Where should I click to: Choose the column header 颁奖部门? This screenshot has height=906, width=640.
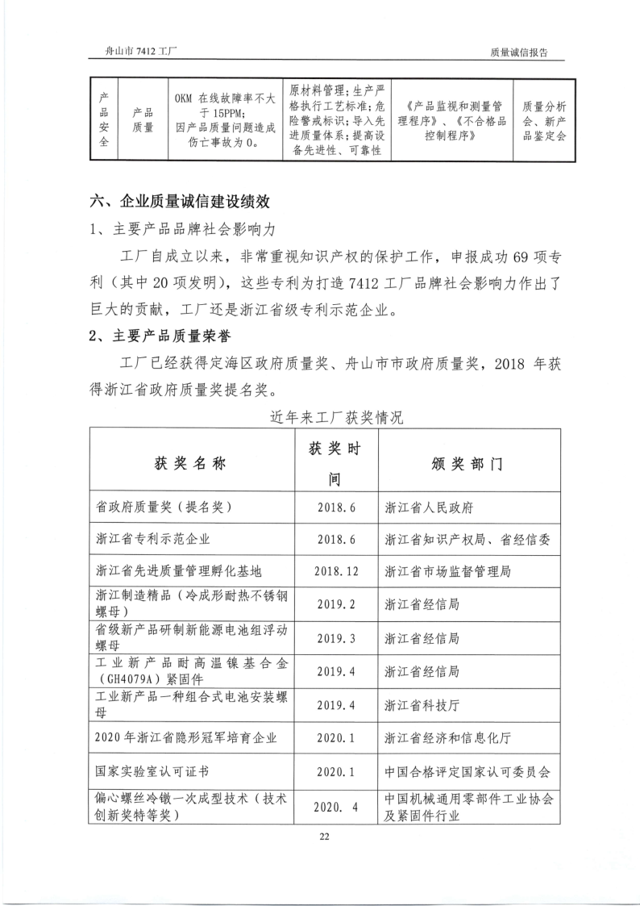tap(467, 465)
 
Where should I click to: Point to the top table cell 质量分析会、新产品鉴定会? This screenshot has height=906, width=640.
tap(544, 121)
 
